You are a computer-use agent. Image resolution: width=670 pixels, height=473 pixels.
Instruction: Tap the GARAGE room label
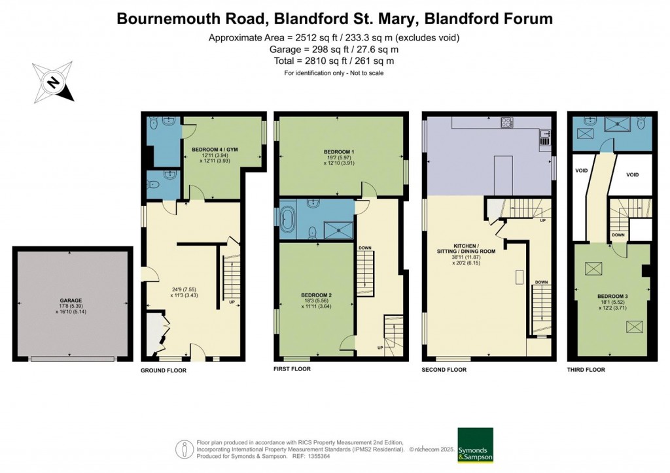[x=72, y=301]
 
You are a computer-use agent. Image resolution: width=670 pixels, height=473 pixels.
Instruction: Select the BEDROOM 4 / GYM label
[x=215, y=150]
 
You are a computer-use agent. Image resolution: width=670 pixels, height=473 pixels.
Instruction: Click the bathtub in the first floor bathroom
[x=289, y=220]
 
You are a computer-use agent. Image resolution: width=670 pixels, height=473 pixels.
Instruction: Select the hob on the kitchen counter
[x=506, y=122]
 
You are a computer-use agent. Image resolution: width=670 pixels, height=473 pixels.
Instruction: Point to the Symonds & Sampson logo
[x=475, y=445]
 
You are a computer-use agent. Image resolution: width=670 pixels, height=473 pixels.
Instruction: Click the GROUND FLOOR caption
[x=164, y=370]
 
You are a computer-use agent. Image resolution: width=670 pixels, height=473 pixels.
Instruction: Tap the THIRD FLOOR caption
[x=586, y=370]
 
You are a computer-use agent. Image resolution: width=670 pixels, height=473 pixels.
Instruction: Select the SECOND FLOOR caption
[x=444, y=370]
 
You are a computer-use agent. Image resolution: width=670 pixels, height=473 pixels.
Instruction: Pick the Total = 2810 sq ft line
[x=334, y=61]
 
